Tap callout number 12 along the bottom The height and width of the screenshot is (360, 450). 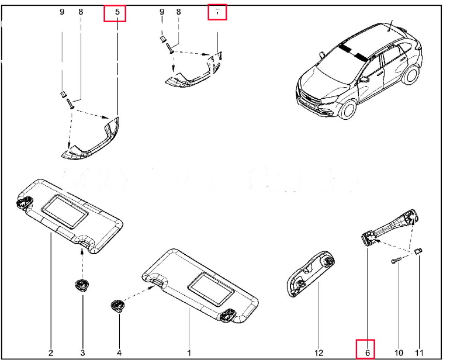[x=319, y=352]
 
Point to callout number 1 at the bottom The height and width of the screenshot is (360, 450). [x=189, y=352]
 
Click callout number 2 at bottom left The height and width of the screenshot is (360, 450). [x=51, y=352]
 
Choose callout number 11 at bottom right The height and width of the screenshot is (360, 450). [x=419, y=352]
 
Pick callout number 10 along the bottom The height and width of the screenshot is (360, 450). [x=399, y=352]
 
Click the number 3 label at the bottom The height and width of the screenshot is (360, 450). [x=82, y=352]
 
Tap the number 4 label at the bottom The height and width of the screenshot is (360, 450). [x=119, y=352]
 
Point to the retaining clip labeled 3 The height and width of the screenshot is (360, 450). [x=81, y=285]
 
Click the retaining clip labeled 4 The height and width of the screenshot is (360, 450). [x=117, y=305]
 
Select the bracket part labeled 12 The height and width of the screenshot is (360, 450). [x=310, y=274]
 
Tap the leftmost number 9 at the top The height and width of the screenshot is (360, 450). [x=62, y=12]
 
